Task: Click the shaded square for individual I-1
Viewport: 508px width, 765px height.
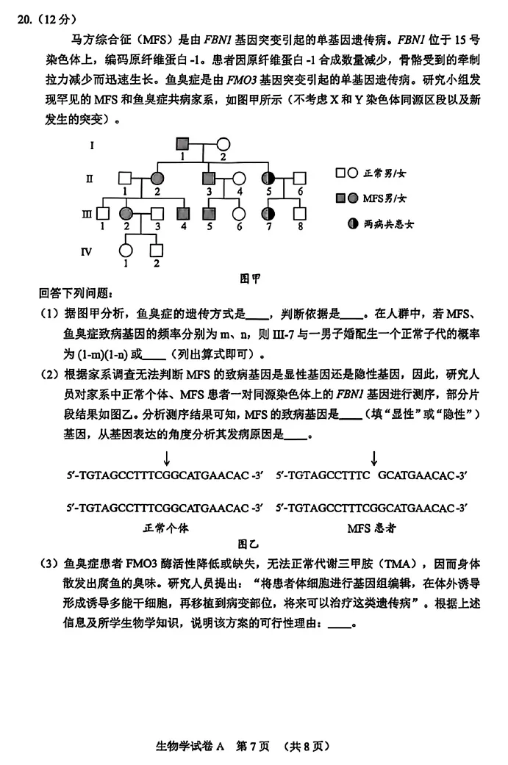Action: (182, 145)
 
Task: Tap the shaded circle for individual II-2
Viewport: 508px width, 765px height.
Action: (157, 179)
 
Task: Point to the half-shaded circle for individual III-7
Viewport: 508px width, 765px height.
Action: (270, 214)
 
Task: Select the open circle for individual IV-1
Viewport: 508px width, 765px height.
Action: (126, 249)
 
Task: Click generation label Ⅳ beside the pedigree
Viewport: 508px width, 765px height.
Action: (86, 251)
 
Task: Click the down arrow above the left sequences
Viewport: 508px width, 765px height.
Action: (167, 459)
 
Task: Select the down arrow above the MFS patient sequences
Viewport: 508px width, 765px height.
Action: (373, 459)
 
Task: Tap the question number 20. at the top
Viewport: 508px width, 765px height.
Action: (28, 21)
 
